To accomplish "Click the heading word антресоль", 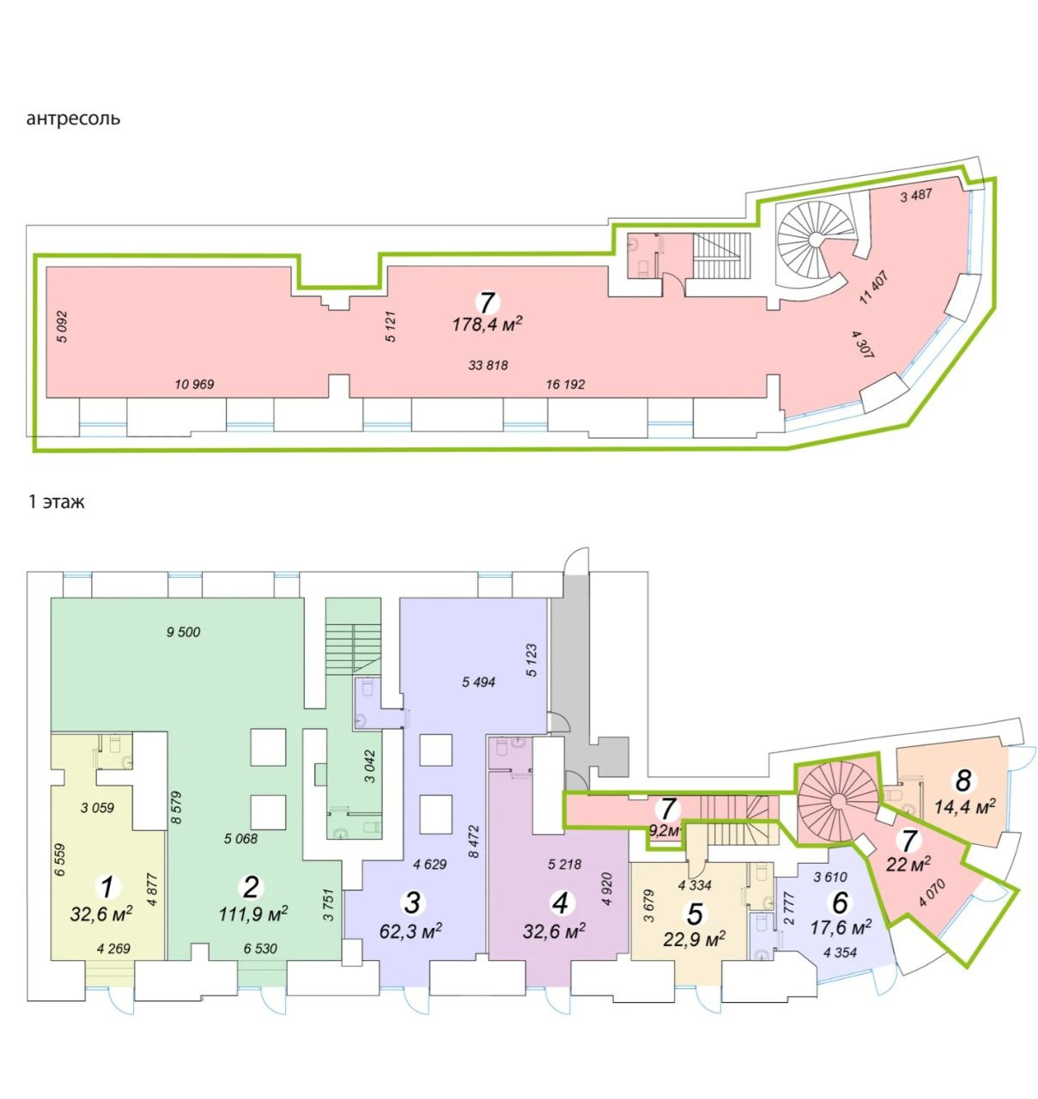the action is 73,119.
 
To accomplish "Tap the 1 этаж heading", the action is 56,502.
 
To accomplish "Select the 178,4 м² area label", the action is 487,324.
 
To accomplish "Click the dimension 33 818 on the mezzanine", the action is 488,365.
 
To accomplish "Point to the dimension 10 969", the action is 194,384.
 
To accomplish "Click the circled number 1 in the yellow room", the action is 107,888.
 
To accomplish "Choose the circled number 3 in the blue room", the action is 412,902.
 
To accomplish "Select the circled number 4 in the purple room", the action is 561,903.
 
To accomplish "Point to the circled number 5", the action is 695,914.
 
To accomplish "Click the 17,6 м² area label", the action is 841,926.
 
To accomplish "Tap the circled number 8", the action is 963,780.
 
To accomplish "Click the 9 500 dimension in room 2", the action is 183,631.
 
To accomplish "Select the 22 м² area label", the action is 908,862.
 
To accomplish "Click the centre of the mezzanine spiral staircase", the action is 816,239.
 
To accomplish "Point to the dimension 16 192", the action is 565,384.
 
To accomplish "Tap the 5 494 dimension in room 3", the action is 479,682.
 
